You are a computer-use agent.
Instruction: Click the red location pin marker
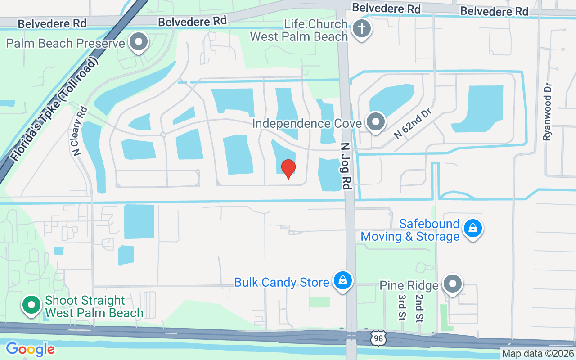288,168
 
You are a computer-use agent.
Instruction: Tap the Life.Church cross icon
362,29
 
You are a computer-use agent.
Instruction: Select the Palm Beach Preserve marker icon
139,43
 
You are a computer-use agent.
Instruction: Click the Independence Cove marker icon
375,122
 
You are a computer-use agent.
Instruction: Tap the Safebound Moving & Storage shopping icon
473,229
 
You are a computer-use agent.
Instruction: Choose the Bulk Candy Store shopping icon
343,281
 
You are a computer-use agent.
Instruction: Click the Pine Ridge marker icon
453,284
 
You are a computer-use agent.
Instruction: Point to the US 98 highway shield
378,338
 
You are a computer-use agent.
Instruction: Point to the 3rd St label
401,307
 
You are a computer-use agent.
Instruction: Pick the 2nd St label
419,307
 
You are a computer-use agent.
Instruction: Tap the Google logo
30,349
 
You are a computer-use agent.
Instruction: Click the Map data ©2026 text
538,354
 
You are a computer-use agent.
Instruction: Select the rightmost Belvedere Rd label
495,11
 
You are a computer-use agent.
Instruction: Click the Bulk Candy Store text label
282,283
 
